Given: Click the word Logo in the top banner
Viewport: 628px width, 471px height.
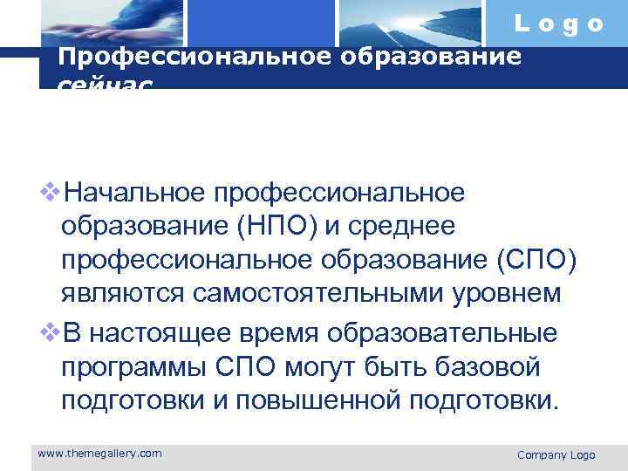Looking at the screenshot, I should pyautogui.click(x=558, y=24).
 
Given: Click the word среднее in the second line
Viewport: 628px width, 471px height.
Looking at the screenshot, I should pyautogui.click(x=401, y=226).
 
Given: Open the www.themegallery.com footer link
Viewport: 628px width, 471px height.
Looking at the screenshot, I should pyautogui.click(x=99, y=453).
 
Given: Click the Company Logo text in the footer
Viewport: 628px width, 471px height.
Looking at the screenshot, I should pyautogui.click(x=556, y=454).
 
